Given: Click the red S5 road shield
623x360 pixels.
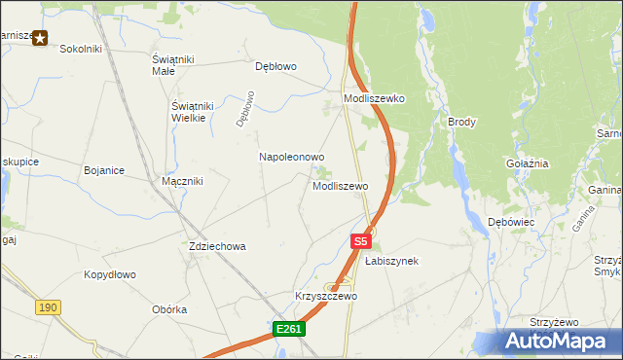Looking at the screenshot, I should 360,240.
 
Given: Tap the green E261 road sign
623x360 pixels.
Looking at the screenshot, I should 289,330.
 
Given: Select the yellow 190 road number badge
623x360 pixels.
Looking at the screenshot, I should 47,306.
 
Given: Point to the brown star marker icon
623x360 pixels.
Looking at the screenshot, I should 40,37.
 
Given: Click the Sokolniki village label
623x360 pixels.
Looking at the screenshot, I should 82,48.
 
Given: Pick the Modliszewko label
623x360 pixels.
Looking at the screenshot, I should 374,99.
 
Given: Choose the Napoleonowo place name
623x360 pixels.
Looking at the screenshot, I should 291,157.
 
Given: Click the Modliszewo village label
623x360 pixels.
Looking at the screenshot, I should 340,186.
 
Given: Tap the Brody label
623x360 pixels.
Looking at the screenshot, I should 461,122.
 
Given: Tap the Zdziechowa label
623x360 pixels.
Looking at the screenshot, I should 217,247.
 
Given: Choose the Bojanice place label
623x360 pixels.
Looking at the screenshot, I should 104,170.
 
